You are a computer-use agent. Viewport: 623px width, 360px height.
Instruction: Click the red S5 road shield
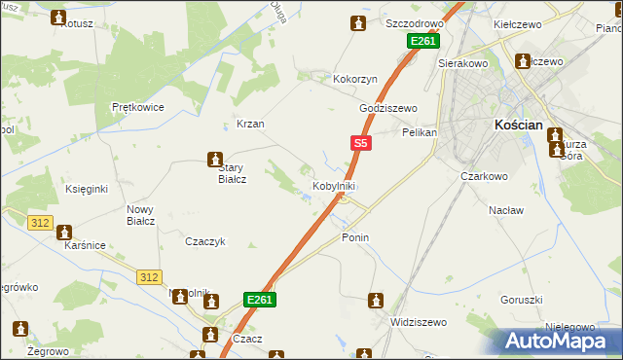[360, 143]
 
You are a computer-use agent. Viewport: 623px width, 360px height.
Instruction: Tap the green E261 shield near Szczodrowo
[422, 41]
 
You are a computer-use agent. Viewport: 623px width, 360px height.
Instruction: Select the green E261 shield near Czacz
[260, 300]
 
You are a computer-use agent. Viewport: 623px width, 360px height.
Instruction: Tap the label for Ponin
[356, 236]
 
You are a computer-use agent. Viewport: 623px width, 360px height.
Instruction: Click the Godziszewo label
[387, 108]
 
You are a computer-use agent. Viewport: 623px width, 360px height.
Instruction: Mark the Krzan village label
[251, 125]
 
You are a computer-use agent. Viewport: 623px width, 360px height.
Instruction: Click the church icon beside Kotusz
[58, 18]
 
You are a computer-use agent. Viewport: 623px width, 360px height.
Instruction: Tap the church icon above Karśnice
[65, 233]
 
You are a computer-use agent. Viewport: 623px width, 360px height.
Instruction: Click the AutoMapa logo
[561, 339]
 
